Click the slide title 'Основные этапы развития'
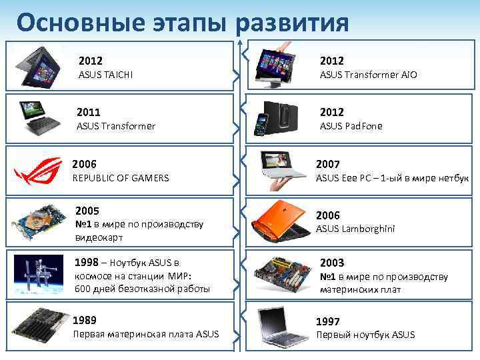[183, 22]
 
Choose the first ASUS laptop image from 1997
[281, 326]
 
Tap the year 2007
[329, 164]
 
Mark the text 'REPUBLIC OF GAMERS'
[120, 178]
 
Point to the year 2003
[332, 263]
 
